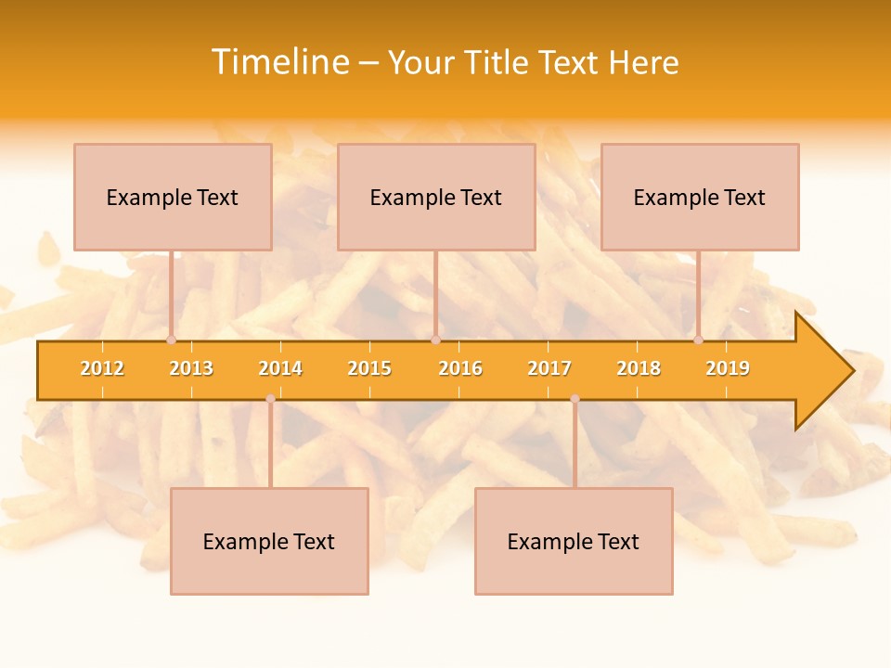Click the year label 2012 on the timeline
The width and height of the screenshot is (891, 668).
point(102,369)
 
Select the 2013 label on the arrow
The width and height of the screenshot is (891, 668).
point(191,369)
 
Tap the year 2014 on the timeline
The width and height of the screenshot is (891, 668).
point(280,369)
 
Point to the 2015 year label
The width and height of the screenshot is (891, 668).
point(369,369)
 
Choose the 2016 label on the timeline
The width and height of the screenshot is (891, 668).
point(460,369)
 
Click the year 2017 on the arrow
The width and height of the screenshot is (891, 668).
point(549,369)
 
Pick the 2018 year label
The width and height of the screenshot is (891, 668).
point(639,369)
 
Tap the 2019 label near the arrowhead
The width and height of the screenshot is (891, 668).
point(728,369)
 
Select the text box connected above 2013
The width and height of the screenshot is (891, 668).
point(173,197)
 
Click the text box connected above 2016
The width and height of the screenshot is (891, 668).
point(436,197)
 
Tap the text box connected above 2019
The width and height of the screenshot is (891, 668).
point(700,197)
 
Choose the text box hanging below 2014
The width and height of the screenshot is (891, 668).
point(269,542)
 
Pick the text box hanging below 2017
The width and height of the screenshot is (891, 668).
point(574,542)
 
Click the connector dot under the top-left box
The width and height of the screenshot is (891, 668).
point(171,340)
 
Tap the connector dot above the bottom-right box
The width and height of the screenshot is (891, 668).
point(575,399)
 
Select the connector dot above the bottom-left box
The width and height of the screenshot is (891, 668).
point(270,399)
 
